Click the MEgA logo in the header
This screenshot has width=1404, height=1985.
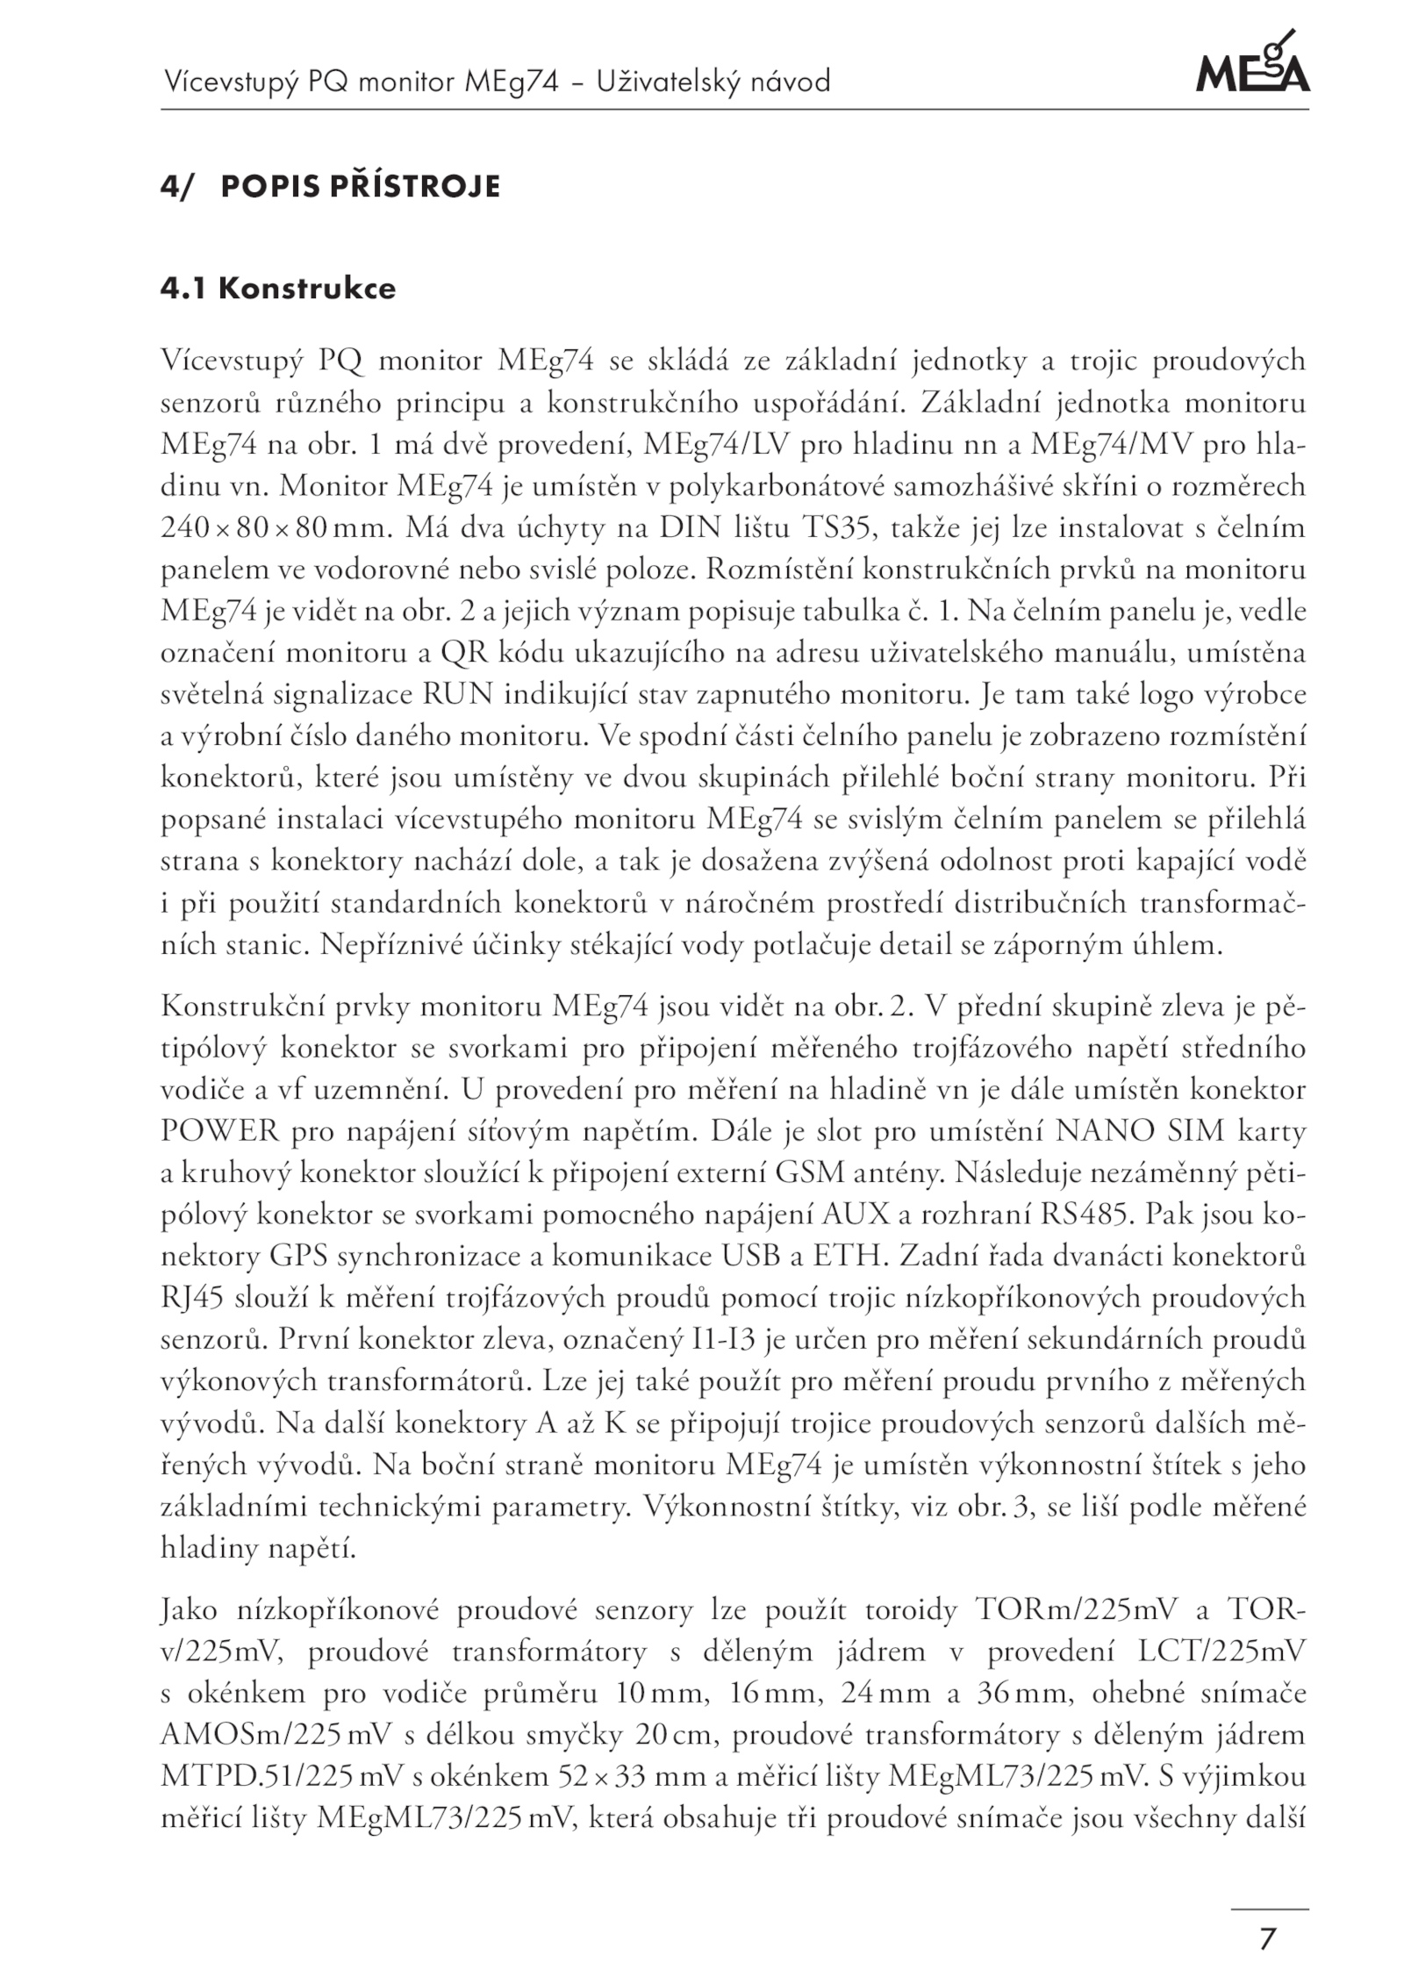coord(1252,64)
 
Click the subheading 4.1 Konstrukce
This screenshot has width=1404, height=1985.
coord(278,289)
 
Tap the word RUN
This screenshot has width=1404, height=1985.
coord(461,694)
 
